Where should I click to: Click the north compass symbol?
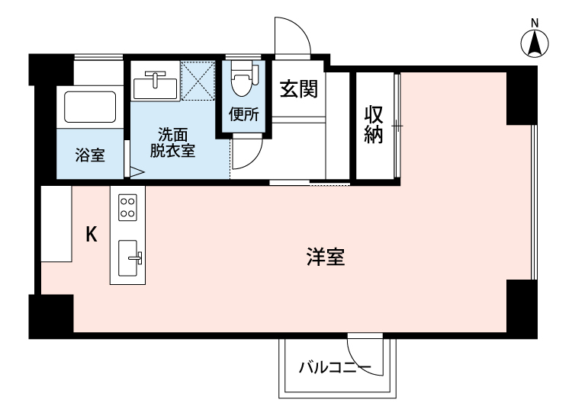pyautogui.click(x=536, y=44)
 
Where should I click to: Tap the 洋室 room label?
pyautogui.click(x=326, y=258)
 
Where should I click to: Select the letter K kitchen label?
pyautogui.click(x=91, y=235)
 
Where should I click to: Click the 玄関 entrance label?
pyautogui.click(x=297, y=88)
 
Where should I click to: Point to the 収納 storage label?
pyautogui.click(x=373, y=126)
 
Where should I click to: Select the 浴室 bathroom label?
pyautogui.click(x=89, y=155)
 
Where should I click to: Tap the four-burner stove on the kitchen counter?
pyautogui.click(x=128, y=207)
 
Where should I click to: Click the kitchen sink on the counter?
pyautogui.click(x=130, y=259)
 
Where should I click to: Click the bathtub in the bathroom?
pyautogui.click(x=88, y=107)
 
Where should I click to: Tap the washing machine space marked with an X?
pyautogui.click(x=198, y=80)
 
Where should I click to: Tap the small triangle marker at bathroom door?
pyautogui.click(x=137, y=172)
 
